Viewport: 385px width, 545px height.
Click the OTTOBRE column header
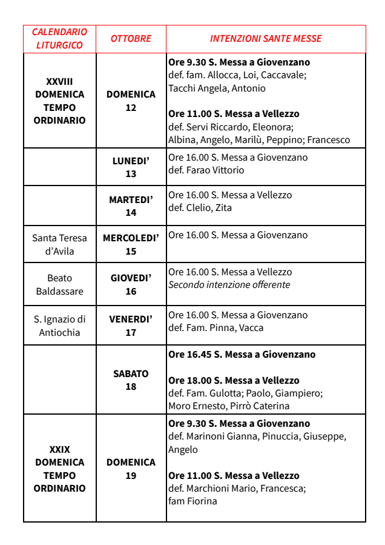131,39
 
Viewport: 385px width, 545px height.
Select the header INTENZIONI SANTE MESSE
266,39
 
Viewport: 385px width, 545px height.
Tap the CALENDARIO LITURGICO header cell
59,39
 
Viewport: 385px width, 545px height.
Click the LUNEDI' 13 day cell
131,167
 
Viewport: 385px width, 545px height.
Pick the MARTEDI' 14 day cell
131,206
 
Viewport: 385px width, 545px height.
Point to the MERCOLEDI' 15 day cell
131,245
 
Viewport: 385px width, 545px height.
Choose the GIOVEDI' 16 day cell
131,284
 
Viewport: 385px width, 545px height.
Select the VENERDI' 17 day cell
131,326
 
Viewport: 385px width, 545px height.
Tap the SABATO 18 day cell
131,380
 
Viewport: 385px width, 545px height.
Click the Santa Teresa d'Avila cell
59,245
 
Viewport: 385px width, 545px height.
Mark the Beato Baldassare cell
59,284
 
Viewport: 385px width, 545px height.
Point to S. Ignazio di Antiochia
59,326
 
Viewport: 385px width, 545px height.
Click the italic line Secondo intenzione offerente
229,285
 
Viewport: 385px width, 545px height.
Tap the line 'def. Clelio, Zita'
200,208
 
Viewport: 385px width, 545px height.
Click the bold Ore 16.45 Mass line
242,355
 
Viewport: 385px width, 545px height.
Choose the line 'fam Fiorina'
192,501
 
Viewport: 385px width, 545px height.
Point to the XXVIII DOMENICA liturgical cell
59,101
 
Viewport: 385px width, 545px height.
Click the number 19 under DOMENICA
131,476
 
